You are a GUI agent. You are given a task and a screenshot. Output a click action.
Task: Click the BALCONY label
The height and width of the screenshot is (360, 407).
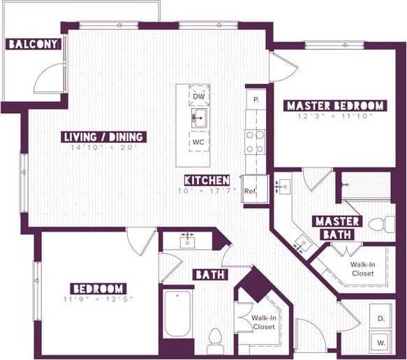point(32,45)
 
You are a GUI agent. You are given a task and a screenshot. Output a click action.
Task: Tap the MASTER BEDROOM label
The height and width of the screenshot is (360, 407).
point(335,106)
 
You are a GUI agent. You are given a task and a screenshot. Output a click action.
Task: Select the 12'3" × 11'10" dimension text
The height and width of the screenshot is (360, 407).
point(335,117)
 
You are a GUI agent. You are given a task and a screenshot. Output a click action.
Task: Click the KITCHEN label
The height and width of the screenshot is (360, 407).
point(207,179)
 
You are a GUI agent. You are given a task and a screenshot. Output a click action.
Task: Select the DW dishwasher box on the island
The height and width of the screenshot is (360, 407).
point(198,96)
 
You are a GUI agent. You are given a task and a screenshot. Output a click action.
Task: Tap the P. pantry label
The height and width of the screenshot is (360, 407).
point(256,100)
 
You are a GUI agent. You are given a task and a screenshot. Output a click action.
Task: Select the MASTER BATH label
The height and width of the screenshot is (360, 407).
point(337,227)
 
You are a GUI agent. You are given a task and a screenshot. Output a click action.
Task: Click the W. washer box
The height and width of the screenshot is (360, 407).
point(381,343)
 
